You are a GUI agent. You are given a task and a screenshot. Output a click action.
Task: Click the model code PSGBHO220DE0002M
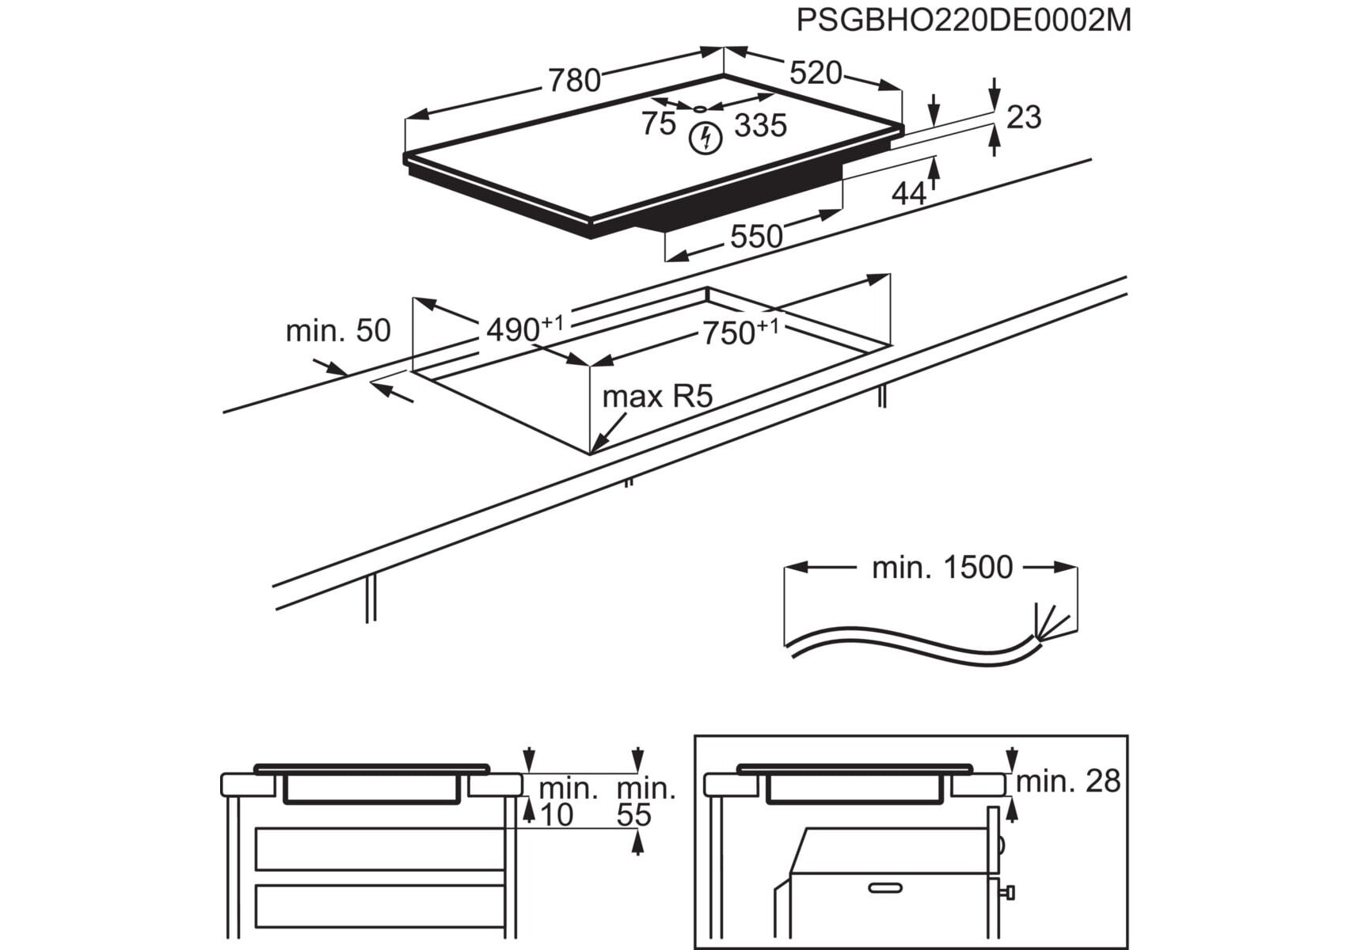pyautogui.click(x=963, y=20)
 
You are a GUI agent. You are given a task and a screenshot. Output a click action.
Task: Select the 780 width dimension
pyautogui.click(x=574, y=80)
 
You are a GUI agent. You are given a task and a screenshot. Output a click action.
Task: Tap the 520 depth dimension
pyautogui.click(x=815, y=73)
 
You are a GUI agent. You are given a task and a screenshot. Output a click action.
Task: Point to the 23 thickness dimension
pyautogui.click(x=1023, y=117)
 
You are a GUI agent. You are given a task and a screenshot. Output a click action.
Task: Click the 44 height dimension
pyautogui.click(x=908, y=192)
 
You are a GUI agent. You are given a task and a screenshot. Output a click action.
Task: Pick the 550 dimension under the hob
pyautogui.click(x=755, y=236)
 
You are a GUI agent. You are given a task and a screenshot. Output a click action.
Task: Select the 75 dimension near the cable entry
pyautogui.click(x=658, y=123)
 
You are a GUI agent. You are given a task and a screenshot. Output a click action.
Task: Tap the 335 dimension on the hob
pyautogui.click(x=760, y=125)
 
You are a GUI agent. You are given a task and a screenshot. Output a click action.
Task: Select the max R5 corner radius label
pyautogui.click(x=657, y=396)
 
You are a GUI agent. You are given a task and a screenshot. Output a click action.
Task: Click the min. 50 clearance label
pyautogui.click(x=338, y=330)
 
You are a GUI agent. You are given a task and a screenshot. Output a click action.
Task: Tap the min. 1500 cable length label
pyautogui.click(x=941, y=568)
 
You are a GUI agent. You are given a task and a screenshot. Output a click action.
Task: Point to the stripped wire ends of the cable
pyautogui.click(x=1049, y=621)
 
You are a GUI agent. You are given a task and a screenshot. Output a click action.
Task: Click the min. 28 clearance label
pyautogui.click(x=1068, y=781)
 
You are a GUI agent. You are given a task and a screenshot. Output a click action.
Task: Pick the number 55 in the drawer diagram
pyautogui.click(x=634, y=815)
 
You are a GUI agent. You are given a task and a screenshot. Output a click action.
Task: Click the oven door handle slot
pyautogui.click(x=884, y=887)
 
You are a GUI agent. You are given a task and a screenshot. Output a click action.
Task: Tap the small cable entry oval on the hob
pyautogui.click(x=700, y=109)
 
